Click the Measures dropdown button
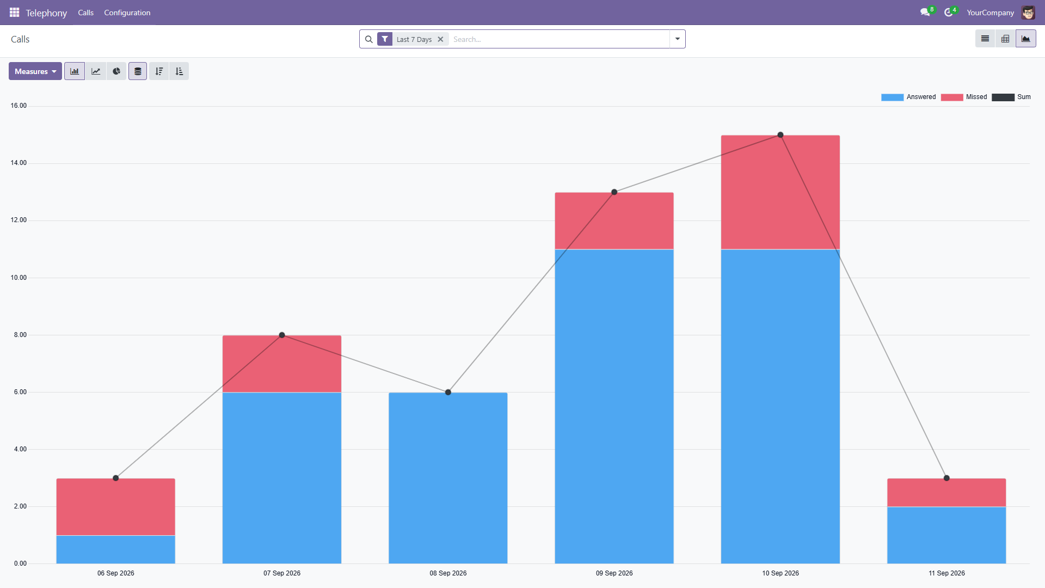click(35, 71)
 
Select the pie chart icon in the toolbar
click(116, 71)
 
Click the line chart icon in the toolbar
click(96, 71)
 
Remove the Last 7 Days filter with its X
click(440, 39)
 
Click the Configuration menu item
click(127, 13)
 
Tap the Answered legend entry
click(908, 97)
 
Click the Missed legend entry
click(964, 97)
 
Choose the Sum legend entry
click(1011, 97)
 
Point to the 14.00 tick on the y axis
click(19, 163)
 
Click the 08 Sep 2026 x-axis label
click(448, 573)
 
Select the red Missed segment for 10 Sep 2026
click(780, 192)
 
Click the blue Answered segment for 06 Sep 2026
click(116, 549)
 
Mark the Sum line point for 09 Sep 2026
click(614, 192)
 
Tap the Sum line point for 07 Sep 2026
click(282, 335)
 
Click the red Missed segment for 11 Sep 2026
click(946, 493)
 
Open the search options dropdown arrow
click(678, 39)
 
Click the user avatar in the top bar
click(1028, 13)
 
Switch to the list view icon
click(985, 39)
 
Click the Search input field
click(560, 39)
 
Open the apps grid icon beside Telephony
click(15, 13)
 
